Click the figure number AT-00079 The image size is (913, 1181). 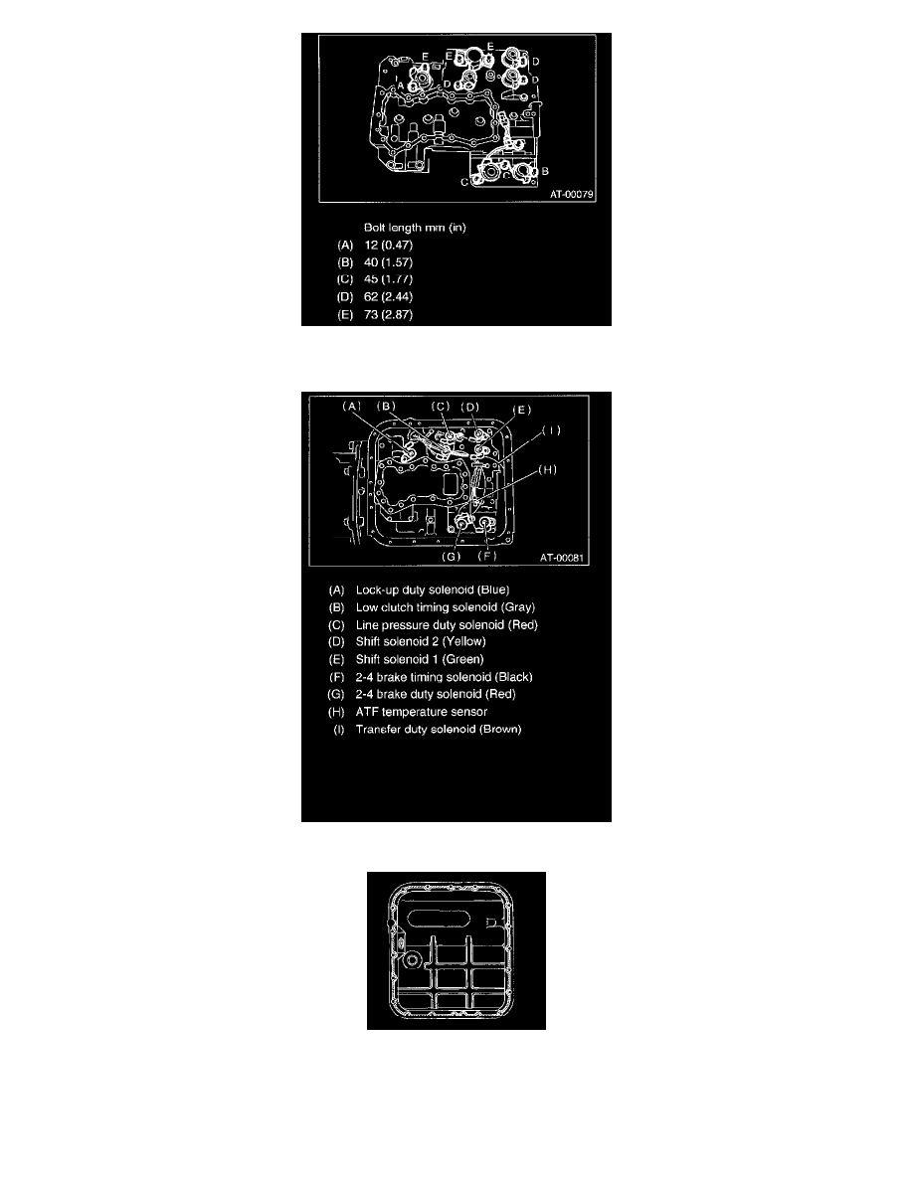[572, 194]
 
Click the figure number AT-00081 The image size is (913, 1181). [562, 558]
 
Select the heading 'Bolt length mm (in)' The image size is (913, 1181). [415, 228]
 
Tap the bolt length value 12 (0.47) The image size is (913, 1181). [388, 245]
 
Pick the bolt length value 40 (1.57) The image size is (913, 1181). [388, 262]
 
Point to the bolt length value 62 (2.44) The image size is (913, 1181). [388, 297]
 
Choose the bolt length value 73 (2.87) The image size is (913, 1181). [388, 315]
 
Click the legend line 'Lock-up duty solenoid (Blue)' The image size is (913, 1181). [433, 590]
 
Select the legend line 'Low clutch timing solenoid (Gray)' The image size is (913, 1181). [446, 607]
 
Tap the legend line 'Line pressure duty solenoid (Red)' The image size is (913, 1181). [447, 625]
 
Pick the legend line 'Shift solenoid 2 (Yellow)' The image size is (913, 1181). [421, 642]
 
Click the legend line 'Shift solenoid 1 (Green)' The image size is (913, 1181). [420, 659]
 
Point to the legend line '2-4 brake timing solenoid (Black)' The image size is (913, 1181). [445, 677]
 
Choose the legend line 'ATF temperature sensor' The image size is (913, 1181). [421, 712]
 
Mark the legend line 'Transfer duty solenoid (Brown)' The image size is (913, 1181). [439, 729]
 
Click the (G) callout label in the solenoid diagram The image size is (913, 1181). [451, 557]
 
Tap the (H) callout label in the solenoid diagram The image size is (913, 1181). [548, 469]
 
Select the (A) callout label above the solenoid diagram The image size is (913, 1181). [352, 406]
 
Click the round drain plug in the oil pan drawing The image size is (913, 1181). [412, 961]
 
